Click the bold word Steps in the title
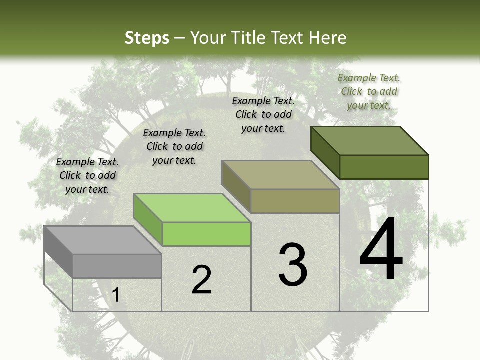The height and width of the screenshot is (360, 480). [147, 38]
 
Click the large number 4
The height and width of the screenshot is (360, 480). [381, 250]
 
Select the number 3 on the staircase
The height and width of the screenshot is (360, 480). [293, 265]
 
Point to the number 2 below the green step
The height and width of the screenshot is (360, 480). [201, 280]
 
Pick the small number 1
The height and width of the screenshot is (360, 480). [116, 295]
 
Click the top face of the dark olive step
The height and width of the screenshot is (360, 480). [370, 141]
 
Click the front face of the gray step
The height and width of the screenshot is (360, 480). [117, 266]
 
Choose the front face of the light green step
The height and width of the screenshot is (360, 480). [206, 234]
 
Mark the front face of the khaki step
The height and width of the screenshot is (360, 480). [295, 201]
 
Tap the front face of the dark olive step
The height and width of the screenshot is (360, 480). [384, 167]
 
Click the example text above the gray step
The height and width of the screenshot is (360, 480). [87, 175]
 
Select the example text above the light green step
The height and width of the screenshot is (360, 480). [174, 146]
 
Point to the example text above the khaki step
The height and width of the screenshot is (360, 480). [263, 114]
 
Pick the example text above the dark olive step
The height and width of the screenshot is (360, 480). [369, 91]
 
